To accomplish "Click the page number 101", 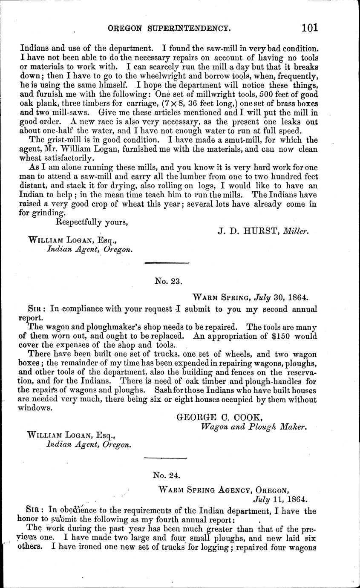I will (x=310, y=28).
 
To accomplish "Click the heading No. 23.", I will (x=166, y=281).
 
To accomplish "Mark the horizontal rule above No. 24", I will (x=166, y=458).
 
